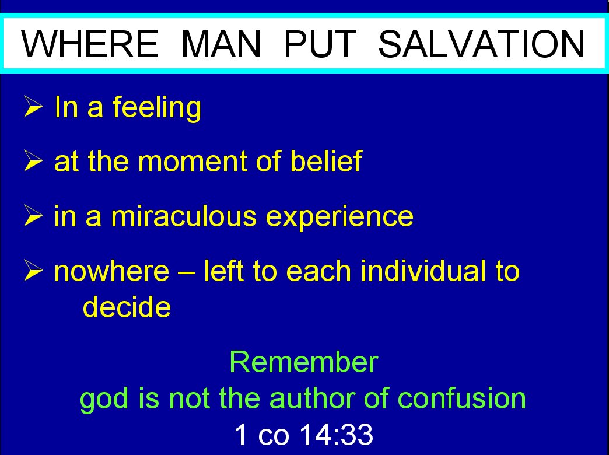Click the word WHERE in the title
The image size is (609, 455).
pyautogui.click(x=90, y=44)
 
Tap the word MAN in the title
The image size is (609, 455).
pyautogui.click(x=220, y=44)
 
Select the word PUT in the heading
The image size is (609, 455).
pyautogui.click(x=320, y=44)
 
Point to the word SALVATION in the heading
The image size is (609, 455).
pyautogui.click(x=482, y=44)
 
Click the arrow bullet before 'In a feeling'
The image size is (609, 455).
pyautogui.click(x=33, y=106)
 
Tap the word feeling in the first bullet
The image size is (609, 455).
pyautogui.click(x=157, y=108)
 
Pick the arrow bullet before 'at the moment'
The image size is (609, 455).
pyautogui.click(x=33, y=160)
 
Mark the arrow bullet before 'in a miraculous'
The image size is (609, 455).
pyautogui.click(x=33, y=215)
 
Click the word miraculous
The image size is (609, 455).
pyautogui.click(x=184, y=215)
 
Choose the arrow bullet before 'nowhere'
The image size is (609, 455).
pyautogui.click(x=33, y=270)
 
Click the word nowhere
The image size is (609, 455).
pyautogui.click(x=112, y=271)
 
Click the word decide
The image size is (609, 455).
pyautogui.click(x=127, y=307)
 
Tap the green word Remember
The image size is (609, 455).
pyautogui.click(x=304, y=362)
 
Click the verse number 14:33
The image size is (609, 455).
pyautogui.click(x=337, y=434)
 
